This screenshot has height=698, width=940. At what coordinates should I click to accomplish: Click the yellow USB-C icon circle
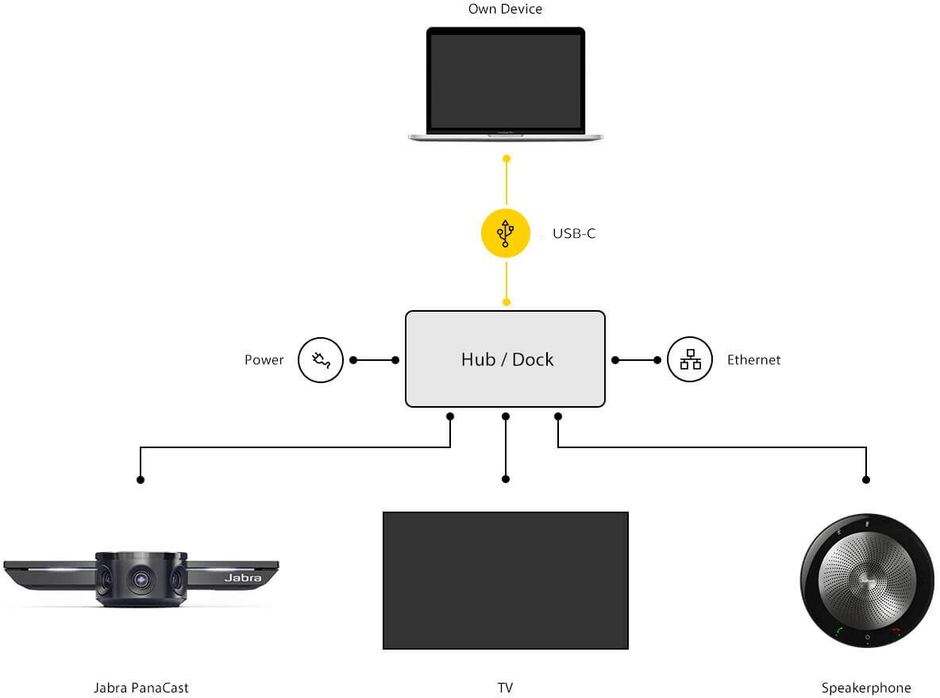pyautogui.click(x=506, y=233)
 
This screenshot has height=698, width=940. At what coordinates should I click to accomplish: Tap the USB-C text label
pyautogui.click(x=574, y=234)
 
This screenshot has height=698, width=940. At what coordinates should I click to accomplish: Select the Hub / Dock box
pyautogui.click(x=506, y=359)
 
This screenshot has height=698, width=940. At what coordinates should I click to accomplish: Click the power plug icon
pyautogui.click(x=321, y=360)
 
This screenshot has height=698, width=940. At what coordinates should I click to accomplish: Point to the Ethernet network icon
pyautogui.click(x=690, y=359)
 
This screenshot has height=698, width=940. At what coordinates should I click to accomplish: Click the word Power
pyautogui.click(x=264, y=360)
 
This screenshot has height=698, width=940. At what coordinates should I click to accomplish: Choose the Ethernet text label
pyautogui.click(x=754, y=360)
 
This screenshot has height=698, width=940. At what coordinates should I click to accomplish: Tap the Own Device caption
pyautogui.click(x=506, y=10)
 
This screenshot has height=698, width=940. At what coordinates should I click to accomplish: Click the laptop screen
pyautogui.click(x=506, y=81)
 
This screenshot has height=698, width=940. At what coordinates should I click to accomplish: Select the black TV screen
pyautogui.click(x=506, y=580)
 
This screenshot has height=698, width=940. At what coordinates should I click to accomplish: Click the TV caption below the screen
pyautogui.click(x=506, y=688)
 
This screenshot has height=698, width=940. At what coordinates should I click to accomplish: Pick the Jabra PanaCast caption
pyautogui.click(x=141, y=688)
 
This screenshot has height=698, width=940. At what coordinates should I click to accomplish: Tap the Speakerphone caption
pyautogui.click(x=866, y=688)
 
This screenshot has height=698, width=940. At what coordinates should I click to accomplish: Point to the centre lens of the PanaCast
pyautogui.click(x=142, y=580)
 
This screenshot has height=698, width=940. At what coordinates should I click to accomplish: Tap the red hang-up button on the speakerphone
pyautogui.click(x=896, y=632)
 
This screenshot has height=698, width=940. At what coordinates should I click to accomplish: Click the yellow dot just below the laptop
pyautogui.click(x=506, y=159)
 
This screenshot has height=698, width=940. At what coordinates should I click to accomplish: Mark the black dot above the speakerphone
pyautogui.click(x=866, y=480)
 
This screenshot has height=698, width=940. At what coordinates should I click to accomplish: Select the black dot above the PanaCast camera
pyautogui.click(x=141, y=480)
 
